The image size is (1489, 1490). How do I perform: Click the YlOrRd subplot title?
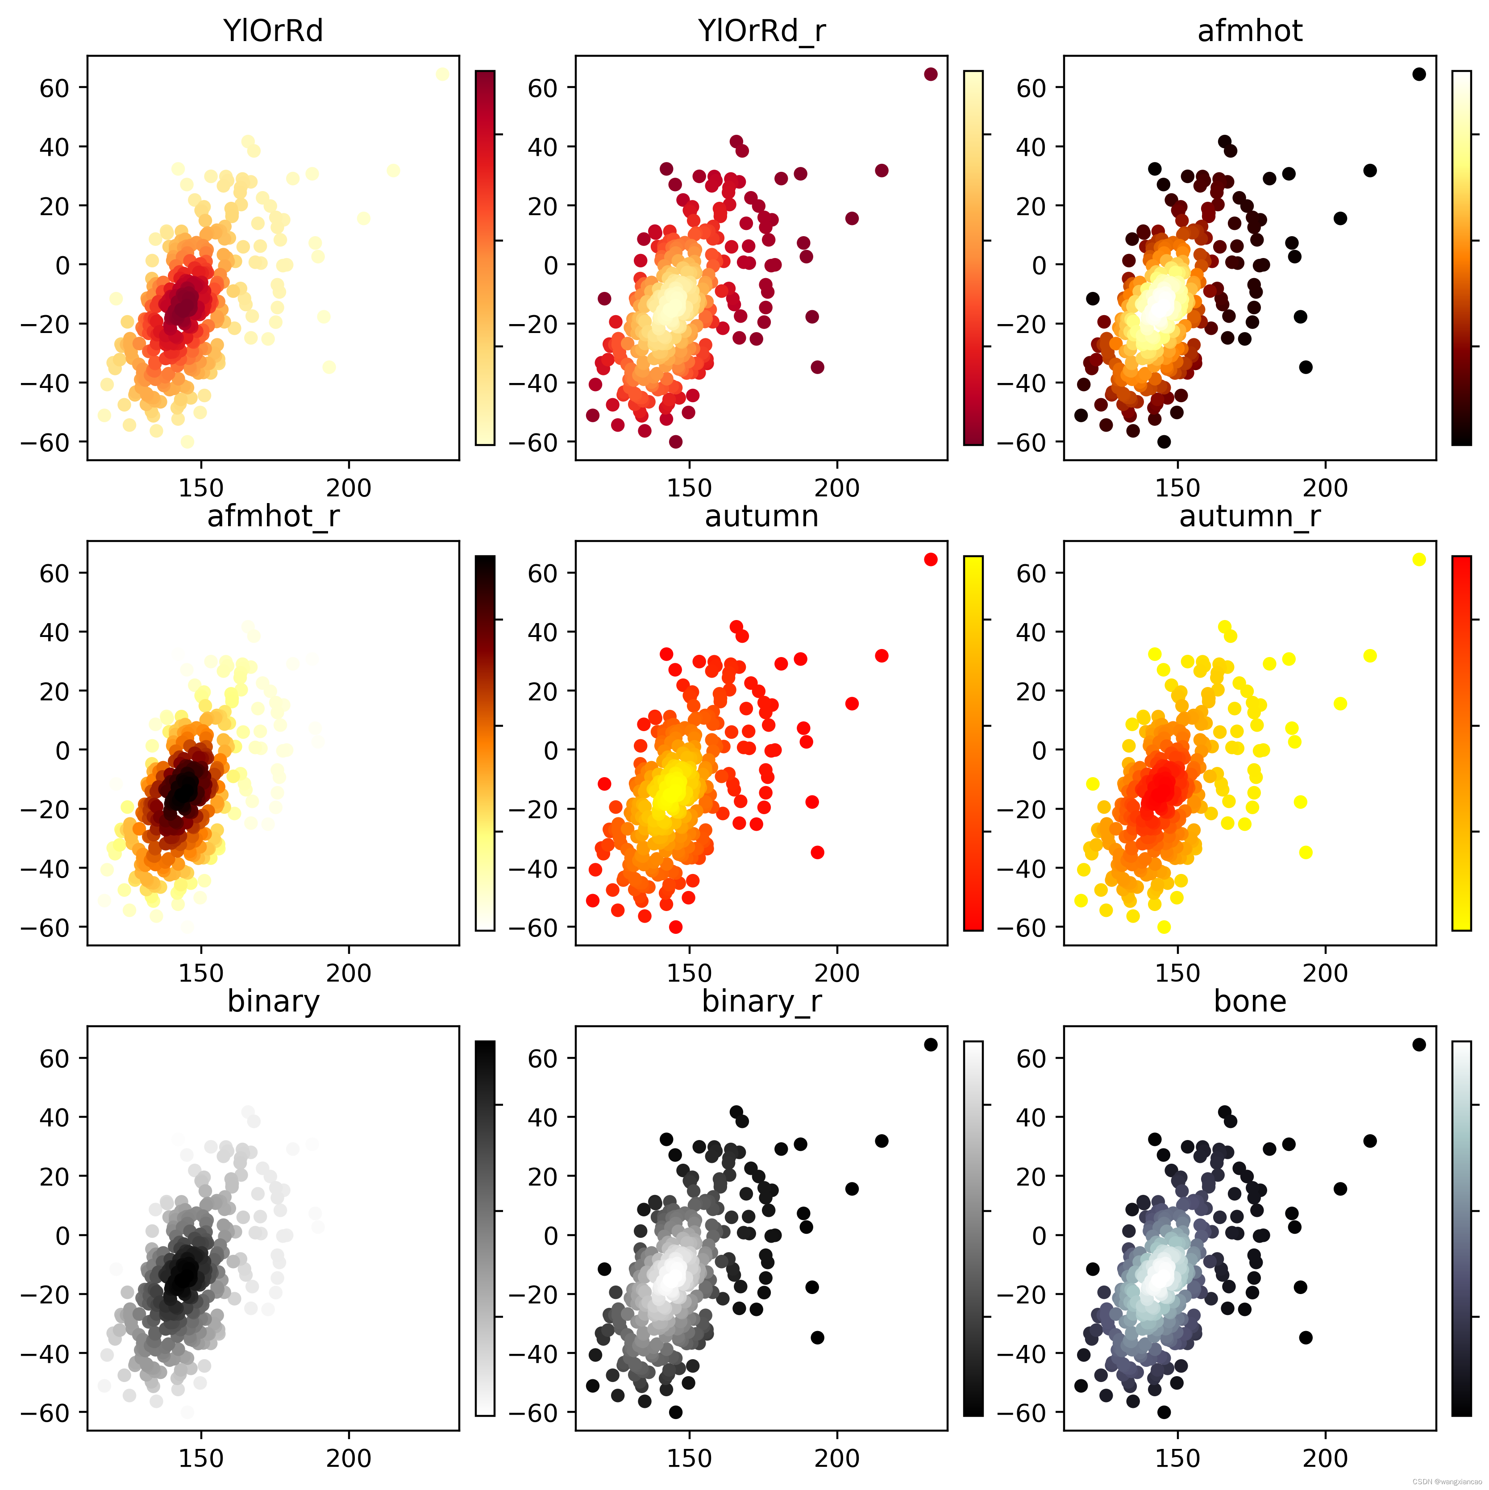(x=273, y=31)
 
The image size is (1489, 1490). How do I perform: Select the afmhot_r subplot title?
(x=273, y=516)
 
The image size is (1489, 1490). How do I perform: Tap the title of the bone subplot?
(x=1249, y=1001)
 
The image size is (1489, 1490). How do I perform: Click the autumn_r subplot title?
(x=1249, y=516)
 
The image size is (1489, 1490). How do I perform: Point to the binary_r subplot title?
(x=761, y=1001)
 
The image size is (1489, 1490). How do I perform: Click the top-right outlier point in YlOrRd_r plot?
(x=931, y=74)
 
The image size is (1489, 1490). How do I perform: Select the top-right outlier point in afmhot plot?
(x=1419, y=74)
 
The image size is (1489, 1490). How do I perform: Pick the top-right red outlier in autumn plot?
(x=931, y=559)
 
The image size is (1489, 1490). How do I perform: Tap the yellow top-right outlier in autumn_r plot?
(x=1419, y=559)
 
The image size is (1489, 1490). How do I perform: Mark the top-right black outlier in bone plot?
(x=1419, y=1044)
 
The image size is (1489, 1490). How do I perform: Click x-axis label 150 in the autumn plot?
(x=689, y=973)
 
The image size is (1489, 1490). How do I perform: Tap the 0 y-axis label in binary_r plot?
(x=551, y=1236)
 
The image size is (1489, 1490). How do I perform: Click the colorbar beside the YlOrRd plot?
(x=485, y=258)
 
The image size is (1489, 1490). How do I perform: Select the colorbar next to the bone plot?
(x=1461, y=1228)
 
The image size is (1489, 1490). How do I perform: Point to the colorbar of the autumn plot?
(x=973, y=743)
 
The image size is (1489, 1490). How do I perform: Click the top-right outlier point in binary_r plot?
(x=931, y=1044)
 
